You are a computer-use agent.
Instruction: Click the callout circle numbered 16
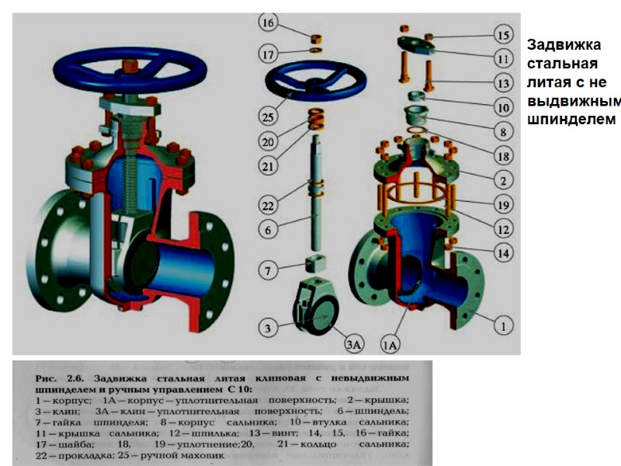tap(269, 23)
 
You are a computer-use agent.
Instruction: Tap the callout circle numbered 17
tap(269, 55)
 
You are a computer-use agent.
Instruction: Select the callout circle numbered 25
tap(269, 117)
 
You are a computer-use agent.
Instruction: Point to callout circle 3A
tap(354, 342)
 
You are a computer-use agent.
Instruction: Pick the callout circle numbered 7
tap(269, 271)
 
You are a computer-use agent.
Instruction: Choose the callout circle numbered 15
tap(503, 34)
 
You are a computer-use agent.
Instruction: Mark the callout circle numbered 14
tap(503, 252)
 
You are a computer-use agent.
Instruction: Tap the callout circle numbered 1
tap(503, 327)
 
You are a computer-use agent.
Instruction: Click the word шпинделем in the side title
tap(570, 120)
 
